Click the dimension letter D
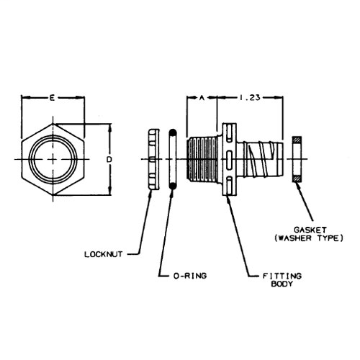[x=109, y=158]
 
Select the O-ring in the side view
[x=172, y=158]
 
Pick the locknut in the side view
[x=152, y=158]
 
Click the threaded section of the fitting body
[x=204, y=158]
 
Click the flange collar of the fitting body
[x=228, y=158]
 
